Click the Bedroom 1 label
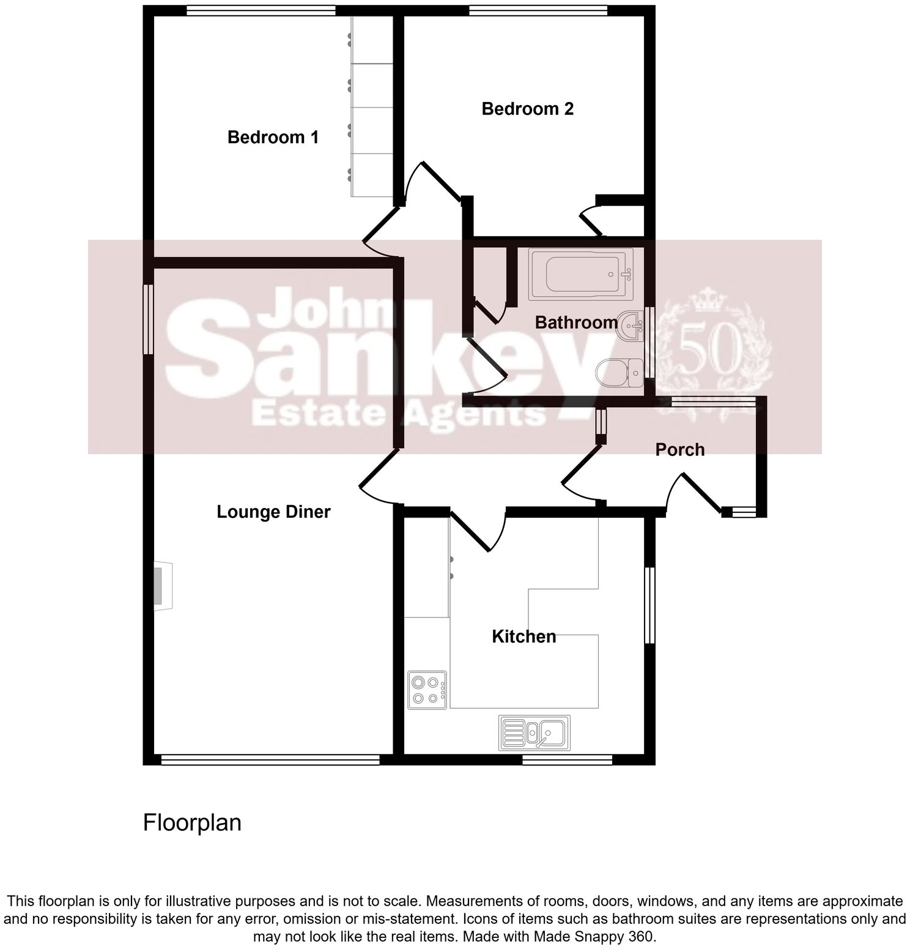point(273,137)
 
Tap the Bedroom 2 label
point(527,109)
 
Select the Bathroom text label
point(576,322)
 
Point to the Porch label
point(679,449)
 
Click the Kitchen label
point(523,637)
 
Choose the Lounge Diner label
point(273,512)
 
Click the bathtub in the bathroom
point(580,274)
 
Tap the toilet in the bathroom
point(618,372)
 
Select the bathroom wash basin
point(631,325)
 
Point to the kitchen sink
point(535,732)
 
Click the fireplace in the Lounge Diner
point(161,585)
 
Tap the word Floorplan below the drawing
point(192,822)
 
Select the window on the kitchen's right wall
point(649,605)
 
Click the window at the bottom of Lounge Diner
point(270,759)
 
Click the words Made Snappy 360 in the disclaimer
point(594,936)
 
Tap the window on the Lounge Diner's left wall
point(148,319)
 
